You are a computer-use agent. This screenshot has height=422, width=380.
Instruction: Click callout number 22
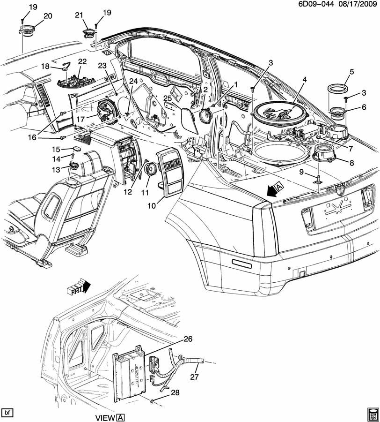[x=82, y=61]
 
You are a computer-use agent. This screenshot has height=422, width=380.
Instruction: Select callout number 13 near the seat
[x=56, y=169]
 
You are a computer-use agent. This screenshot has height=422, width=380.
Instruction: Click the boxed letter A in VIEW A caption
[x=120, y=417]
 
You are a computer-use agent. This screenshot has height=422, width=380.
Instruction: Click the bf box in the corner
[x=7, y=413]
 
